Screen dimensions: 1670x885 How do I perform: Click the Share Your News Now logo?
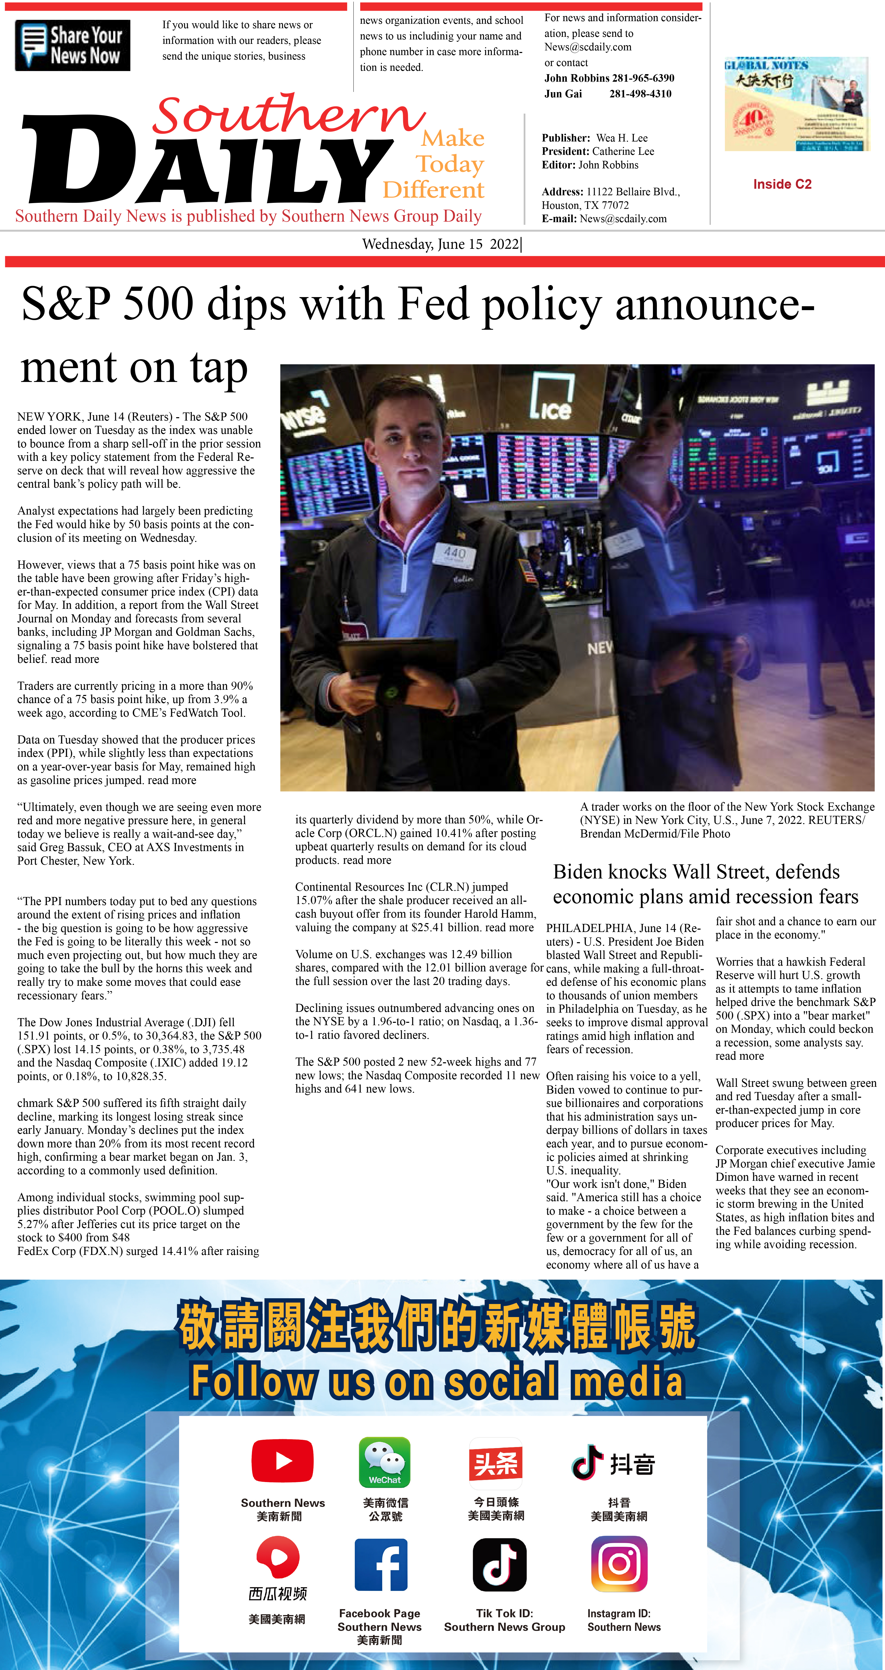[x=73, y=45]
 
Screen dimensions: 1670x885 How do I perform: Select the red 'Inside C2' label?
[x=782, y=184]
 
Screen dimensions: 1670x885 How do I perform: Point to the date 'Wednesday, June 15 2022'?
[x=441, y=244]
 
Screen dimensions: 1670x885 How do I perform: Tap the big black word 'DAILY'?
[x=208, y=162]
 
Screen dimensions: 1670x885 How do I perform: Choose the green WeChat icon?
[x=385, y=1462]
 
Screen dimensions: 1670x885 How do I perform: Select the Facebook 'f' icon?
[x=381, y=1564]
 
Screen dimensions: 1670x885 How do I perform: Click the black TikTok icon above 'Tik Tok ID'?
[x=499, y=1564]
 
